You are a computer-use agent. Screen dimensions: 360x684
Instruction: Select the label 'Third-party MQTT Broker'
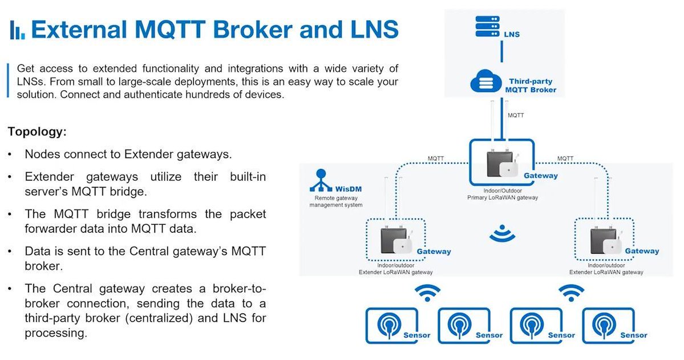click(x=531, y=86)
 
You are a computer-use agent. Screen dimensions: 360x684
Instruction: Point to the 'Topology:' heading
click(x=38, y=132)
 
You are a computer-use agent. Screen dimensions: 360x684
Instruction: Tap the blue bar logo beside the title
click(x=17, y=30)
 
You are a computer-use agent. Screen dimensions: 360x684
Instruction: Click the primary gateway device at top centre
click(x=501, y=163)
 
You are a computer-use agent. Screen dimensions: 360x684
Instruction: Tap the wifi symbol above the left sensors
click(x=427, y=293)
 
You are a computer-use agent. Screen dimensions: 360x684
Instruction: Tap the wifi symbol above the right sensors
click(x=571, y=293)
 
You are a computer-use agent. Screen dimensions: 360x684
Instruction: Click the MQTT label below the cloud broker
click(x=516, y=115)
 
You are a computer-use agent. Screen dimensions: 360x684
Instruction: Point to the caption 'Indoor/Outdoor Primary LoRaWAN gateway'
click(x=502, y=194)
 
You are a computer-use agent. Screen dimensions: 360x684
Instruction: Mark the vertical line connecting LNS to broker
click(x=501, y=52)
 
